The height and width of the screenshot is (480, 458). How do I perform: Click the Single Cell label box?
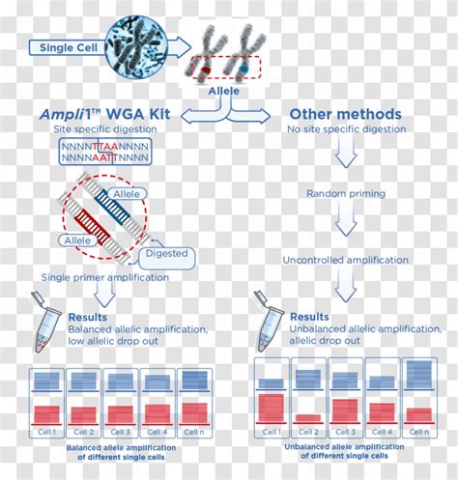[66, 46]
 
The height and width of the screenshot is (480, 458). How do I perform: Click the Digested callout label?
[165, 255]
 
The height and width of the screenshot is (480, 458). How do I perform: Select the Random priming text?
[345, 194]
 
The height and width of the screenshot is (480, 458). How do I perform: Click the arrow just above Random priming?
[345, 155]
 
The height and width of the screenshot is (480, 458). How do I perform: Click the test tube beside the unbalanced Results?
[268, 328]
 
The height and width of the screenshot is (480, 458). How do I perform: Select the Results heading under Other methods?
[310, 317]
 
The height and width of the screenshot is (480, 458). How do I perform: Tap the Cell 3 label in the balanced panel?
[121, 432]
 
